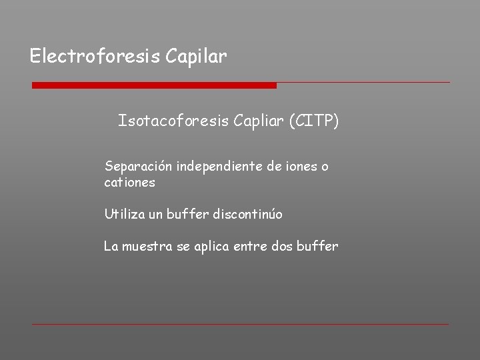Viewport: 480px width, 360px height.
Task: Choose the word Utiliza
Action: click(124, 215)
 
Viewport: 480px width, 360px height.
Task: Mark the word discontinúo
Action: click(249, 215)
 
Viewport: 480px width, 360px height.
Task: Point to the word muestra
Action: click(145, 247)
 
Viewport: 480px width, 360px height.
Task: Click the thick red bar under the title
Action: click(154, 85)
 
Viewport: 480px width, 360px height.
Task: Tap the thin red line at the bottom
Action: click(240, 324)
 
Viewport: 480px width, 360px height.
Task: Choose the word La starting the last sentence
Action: click(111, 247)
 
